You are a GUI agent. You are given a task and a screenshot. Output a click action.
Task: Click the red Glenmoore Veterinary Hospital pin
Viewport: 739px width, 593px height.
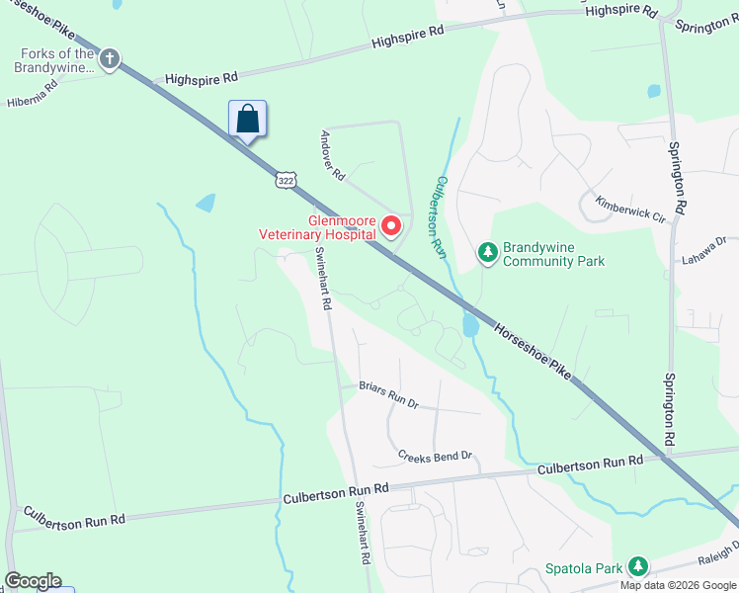[390, 227]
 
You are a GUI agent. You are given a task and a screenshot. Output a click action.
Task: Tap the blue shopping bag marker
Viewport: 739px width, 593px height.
[248, 120]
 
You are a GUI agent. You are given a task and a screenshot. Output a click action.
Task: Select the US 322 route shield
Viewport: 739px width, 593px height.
[286, 180]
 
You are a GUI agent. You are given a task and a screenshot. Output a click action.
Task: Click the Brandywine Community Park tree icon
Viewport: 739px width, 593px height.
[487, 254]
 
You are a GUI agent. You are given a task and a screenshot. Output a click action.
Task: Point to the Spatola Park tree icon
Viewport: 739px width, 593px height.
[639, 566]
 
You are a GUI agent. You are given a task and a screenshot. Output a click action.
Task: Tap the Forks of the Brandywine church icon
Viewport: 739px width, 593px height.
[109, 59]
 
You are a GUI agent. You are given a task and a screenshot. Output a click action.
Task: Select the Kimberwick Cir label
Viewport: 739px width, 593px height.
[630, 208]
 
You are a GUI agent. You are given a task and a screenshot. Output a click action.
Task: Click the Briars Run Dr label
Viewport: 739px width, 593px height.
[389, 397]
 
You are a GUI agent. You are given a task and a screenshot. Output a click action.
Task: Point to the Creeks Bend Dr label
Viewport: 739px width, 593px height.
[436, 457]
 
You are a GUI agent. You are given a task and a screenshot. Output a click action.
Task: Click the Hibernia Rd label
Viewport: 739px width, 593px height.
[33, 92]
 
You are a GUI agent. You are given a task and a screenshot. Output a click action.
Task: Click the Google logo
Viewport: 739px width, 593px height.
[33, 581]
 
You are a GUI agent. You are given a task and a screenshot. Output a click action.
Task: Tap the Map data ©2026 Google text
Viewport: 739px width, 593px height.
[678, 585]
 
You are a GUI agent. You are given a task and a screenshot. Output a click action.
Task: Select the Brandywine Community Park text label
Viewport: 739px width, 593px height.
[553, 254]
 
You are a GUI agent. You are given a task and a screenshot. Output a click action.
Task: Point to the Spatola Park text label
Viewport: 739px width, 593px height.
[585, 569]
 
